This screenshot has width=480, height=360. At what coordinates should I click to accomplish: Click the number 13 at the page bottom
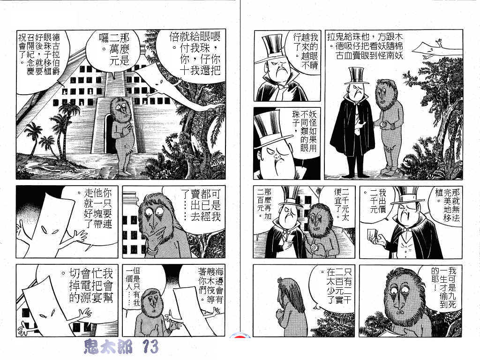tap(150, 347)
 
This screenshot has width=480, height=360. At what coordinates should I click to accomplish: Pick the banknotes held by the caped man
tap(372, 235)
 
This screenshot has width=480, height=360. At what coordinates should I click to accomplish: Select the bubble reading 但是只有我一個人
tap(132, 285)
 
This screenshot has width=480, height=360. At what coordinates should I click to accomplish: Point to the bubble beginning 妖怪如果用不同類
tap(303, 132)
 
